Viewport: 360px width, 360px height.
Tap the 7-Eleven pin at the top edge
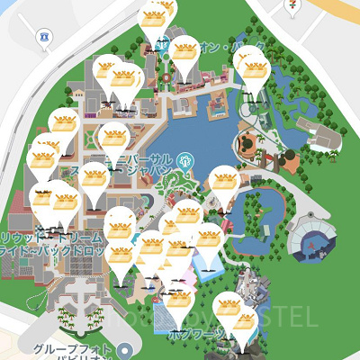(292, 5)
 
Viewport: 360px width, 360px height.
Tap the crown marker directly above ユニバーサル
(114, 139)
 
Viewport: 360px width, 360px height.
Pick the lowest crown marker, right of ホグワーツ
(244, 319)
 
